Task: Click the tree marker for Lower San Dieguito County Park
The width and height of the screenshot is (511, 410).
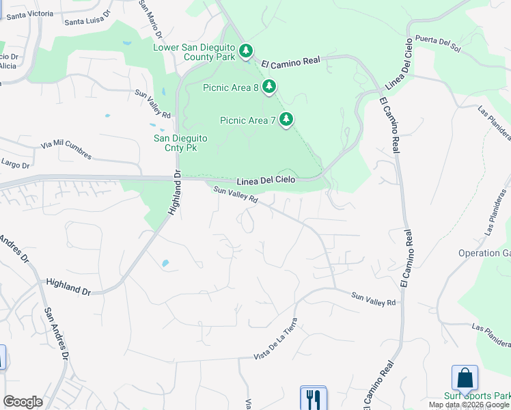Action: tap(245, 51)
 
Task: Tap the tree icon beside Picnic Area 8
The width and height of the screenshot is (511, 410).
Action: tap(270, 87)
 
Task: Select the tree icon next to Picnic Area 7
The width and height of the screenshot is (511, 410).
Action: tap(286, 120)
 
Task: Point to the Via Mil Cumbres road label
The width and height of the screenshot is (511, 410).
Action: tap(66, 150)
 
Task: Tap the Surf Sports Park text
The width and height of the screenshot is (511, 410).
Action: tap(478, 396)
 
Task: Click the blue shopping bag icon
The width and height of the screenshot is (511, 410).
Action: tap(465, 378)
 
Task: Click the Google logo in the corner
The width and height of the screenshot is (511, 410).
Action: tap(23, 401)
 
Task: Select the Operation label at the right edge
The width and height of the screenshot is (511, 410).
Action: tap(484, 253)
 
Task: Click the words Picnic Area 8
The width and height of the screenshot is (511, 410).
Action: tap(230, 87)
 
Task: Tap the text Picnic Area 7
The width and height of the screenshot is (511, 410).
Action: tap(247, 120)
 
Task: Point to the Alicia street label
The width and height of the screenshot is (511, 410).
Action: tap(8, 66)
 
